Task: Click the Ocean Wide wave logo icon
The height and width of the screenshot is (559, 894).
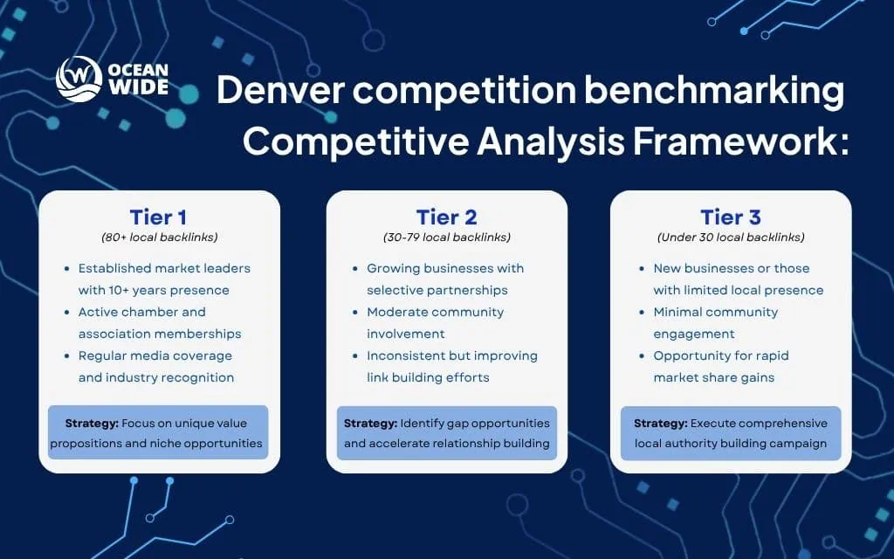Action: tap(79, 79)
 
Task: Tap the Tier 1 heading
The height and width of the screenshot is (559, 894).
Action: tap(158, 217)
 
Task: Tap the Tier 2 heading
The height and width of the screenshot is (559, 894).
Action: tap(445, 217)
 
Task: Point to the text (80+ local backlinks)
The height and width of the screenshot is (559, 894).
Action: tap(158, 237)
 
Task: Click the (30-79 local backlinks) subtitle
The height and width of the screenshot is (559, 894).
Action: tap(446, 237)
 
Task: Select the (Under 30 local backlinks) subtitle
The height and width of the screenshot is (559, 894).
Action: tap(731, 237)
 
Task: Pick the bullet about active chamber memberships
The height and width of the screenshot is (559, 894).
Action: tap(157, 322)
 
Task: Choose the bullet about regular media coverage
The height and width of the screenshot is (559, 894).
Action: tap(155, 366)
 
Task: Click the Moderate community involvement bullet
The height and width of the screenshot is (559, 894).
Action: tap(435, 322)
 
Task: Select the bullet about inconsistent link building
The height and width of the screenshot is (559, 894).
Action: tap(450, 366)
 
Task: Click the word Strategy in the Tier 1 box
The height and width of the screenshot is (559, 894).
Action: tap(92, 423)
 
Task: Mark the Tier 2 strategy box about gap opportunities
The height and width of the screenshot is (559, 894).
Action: tap(447, 432)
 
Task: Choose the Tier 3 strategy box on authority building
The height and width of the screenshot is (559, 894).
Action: tap(731, 432)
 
